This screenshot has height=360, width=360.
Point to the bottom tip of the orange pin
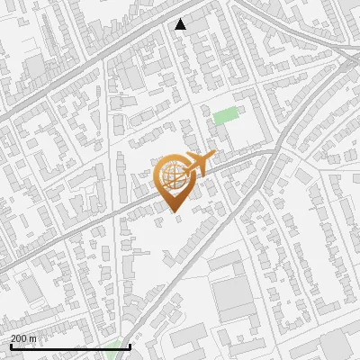174,213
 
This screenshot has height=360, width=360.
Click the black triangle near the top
181,24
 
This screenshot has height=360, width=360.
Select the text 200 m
23,338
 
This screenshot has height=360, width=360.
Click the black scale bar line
70,346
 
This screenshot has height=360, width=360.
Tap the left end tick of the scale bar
11,345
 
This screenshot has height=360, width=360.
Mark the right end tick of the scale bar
130,345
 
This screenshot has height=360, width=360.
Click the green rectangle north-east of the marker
226,116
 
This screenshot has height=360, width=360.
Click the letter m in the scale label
32,338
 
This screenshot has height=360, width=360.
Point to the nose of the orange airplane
213,157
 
